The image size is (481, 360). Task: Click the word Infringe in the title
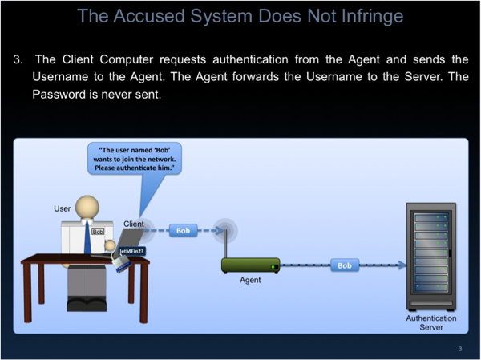(x=372, y=16)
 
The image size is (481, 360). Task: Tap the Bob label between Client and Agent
(x=183, y=230)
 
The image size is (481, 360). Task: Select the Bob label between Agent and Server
(x=345, y=265)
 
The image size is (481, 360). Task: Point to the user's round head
(x=87, y=207)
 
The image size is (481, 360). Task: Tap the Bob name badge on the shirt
(x=98, y=232)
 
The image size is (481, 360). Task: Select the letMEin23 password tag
(x=132, y=251)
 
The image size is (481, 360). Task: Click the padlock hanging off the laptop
(x=122, y=264)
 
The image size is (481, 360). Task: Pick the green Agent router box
(x=250, y=265)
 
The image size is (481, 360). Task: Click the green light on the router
(x=273, y=267)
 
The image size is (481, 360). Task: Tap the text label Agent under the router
(x=250, y=280)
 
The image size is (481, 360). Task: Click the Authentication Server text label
(x=431, y=322)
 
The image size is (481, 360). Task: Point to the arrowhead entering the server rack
(x=402, y=265)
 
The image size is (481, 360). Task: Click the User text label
(x=62, y=208)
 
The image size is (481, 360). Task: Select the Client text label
(x=133, y=224)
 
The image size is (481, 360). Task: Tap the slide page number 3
(x=460, y=349)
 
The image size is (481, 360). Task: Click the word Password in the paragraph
(x=59, y=95)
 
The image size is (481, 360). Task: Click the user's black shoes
(x=87, y=304)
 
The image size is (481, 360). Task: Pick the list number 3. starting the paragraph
(x=18, y=59)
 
